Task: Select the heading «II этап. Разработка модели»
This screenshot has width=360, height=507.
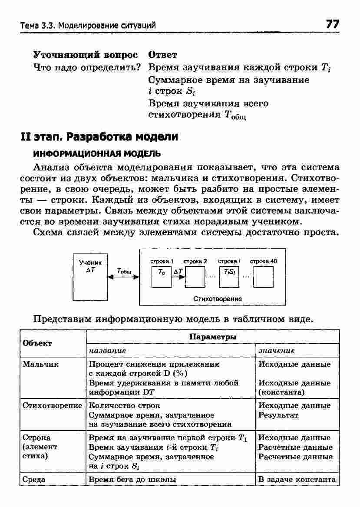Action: [x=99, y=137]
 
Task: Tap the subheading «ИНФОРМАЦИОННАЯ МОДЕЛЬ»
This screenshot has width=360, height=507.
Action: [x=91, y=154]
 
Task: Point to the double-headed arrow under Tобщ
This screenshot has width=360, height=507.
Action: [x=123, y=278]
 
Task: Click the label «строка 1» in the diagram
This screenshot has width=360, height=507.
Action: [x=162, y=261]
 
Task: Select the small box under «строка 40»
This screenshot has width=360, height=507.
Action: [x=263, y=277]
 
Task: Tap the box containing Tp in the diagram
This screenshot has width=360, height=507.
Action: [x=162, y=277]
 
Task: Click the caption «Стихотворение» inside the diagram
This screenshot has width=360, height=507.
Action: [x=218, y=299]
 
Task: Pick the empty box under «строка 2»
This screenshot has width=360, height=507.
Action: [x=195, y=277]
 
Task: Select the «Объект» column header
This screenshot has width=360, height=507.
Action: [x=37, y=343]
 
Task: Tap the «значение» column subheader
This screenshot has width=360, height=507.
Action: [x=277, y=350]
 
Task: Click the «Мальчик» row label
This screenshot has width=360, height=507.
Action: [x=40, y=364]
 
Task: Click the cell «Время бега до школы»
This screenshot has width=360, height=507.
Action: [x=132, y=480]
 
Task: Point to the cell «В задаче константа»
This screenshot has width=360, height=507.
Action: [x=297, y=480]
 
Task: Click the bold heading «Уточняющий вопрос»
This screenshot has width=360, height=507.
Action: [x=86, y=55]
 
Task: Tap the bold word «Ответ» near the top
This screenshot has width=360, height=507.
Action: [x=163, y=55]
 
